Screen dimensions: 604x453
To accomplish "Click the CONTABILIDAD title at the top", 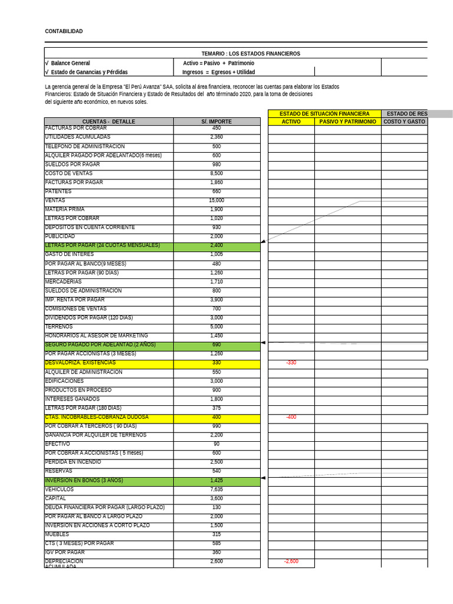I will pos(64,31).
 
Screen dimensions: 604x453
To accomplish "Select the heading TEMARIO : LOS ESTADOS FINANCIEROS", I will pos(251,54).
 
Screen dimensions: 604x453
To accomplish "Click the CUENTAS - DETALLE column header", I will pos(109,122).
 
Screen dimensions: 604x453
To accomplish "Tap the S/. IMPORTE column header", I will pos(216,122).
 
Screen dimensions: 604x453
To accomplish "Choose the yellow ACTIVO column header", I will pos(291,122).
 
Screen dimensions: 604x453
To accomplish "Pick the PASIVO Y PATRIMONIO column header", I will pos(347,122).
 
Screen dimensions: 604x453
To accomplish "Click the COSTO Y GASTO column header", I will pos(404,122).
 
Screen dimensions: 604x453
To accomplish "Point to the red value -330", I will pos(291,363).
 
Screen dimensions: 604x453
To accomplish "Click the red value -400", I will pos(291,417).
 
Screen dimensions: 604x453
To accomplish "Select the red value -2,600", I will pos(291,562).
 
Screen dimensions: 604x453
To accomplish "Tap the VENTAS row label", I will pos(55,201).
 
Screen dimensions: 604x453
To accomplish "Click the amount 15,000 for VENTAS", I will pos(216,201).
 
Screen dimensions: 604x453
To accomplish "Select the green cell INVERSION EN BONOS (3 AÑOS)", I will pos(84,481).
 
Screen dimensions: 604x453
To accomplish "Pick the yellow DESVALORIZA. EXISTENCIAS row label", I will pos(80,363).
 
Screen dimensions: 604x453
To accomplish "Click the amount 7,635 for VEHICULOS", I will pos(216,490).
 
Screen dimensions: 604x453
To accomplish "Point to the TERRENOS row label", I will pos(59,327).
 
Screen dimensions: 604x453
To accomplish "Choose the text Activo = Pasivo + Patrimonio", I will pos(218,63).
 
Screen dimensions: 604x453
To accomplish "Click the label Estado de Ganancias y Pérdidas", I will pos(89,72).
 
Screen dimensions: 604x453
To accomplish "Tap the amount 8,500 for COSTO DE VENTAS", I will pos(216,173).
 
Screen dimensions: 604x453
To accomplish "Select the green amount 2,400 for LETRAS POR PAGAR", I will pos(216,245).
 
